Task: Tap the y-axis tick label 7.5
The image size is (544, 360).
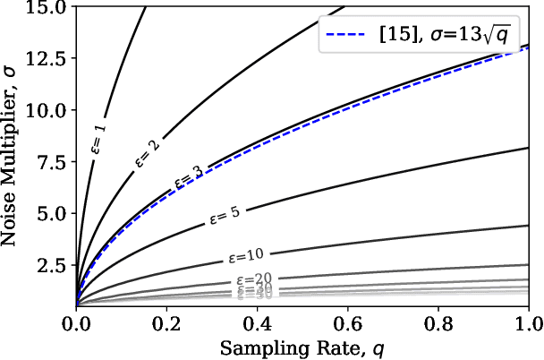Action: pyautogui.click(x=53, y=162)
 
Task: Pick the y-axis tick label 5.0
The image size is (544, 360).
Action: pyautogui.click(x=53, y=214)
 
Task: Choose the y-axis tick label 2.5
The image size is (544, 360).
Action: pyautogui.click(x=53, y=266)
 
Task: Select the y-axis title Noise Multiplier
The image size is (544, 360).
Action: pyautogui.click(x=13, y=156)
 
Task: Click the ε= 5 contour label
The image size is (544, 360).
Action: pyautogui.click(x=225, y=215)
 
